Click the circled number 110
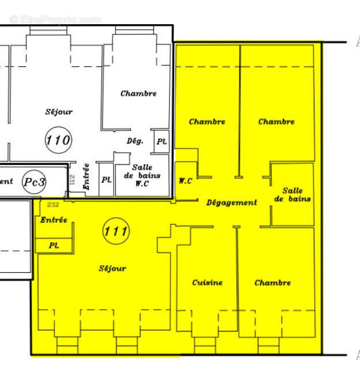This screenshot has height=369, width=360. point(58,140)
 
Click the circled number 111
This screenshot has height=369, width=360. point(116,231)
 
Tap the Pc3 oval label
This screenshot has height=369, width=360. point(35,181)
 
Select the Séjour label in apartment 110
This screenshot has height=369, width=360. point(59,112)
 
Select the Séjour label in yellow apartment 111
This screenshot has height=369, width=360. point(112,268)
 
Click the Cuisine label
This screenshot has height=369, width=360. point(207,283)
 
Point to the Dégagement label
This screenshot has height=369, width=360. point(232,202)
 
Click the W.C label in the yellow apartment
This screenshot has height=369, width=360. point(185,181)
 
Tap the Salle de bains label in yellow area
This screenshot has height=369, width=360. point(292,195)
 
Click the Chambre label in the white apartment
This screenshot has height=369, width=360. point(138,93)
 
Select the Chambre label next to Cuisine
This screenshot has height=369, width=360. point(272,283)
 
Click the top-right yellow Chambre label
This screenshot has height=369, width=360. point(276,122)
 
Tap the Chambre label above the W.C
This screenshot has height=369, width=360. point(207,122)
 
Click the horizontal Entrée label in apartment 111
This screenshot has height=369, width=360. point(54,220)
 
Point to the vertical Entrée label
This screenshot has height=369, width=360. point(86,177)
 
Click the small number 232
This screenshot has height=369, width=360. point(53,205)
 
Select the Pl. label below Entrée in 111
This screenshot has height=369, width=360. point(54,245)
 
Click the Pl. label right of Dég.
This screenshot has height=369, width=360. point(162,142)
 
